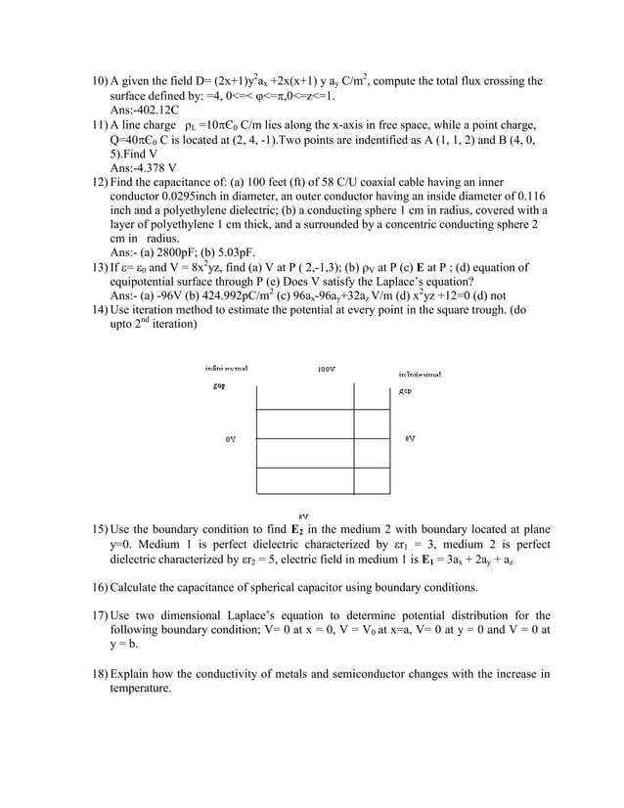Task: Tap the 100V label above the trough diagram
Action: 328,369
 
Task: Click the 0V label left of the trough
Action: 231,439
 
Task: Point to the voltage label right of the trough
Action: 410,438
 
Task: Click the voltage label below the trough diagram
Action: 304,515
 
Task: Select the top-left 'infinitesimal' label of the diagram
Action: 226,369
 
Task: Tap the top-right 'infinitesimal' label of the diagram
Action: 419,374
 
